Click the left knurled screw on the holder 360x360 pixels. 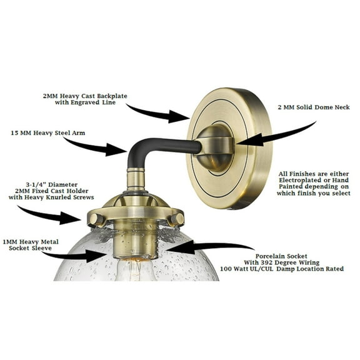click(96, 219)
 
